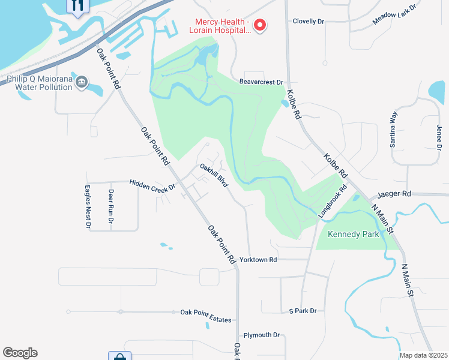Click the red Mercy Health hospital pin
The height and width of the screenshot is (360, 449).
(260, 25)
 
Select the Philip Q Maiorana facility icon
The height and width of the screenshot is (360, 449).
(83, 81)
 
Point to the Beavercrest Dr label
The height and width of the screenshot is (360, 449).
(261, 82)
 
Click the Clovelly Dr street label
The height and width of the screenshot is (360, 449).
(309, 21)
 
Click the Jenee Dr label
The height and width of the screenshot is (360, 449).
(439, 137)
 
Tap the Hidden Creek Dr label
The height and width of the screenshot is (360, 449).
(152, 187)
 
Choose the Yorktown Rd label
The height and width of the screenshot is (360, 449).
(258, 260)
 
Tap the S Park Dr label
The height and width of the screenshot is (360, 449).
(303, 311)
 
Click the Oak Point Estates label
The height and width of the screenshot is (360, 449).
(206, 320)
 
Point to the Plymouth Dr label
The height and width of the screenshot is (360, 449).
(262, 335)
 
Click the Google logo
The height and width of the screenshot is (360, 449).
(20, 353)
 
